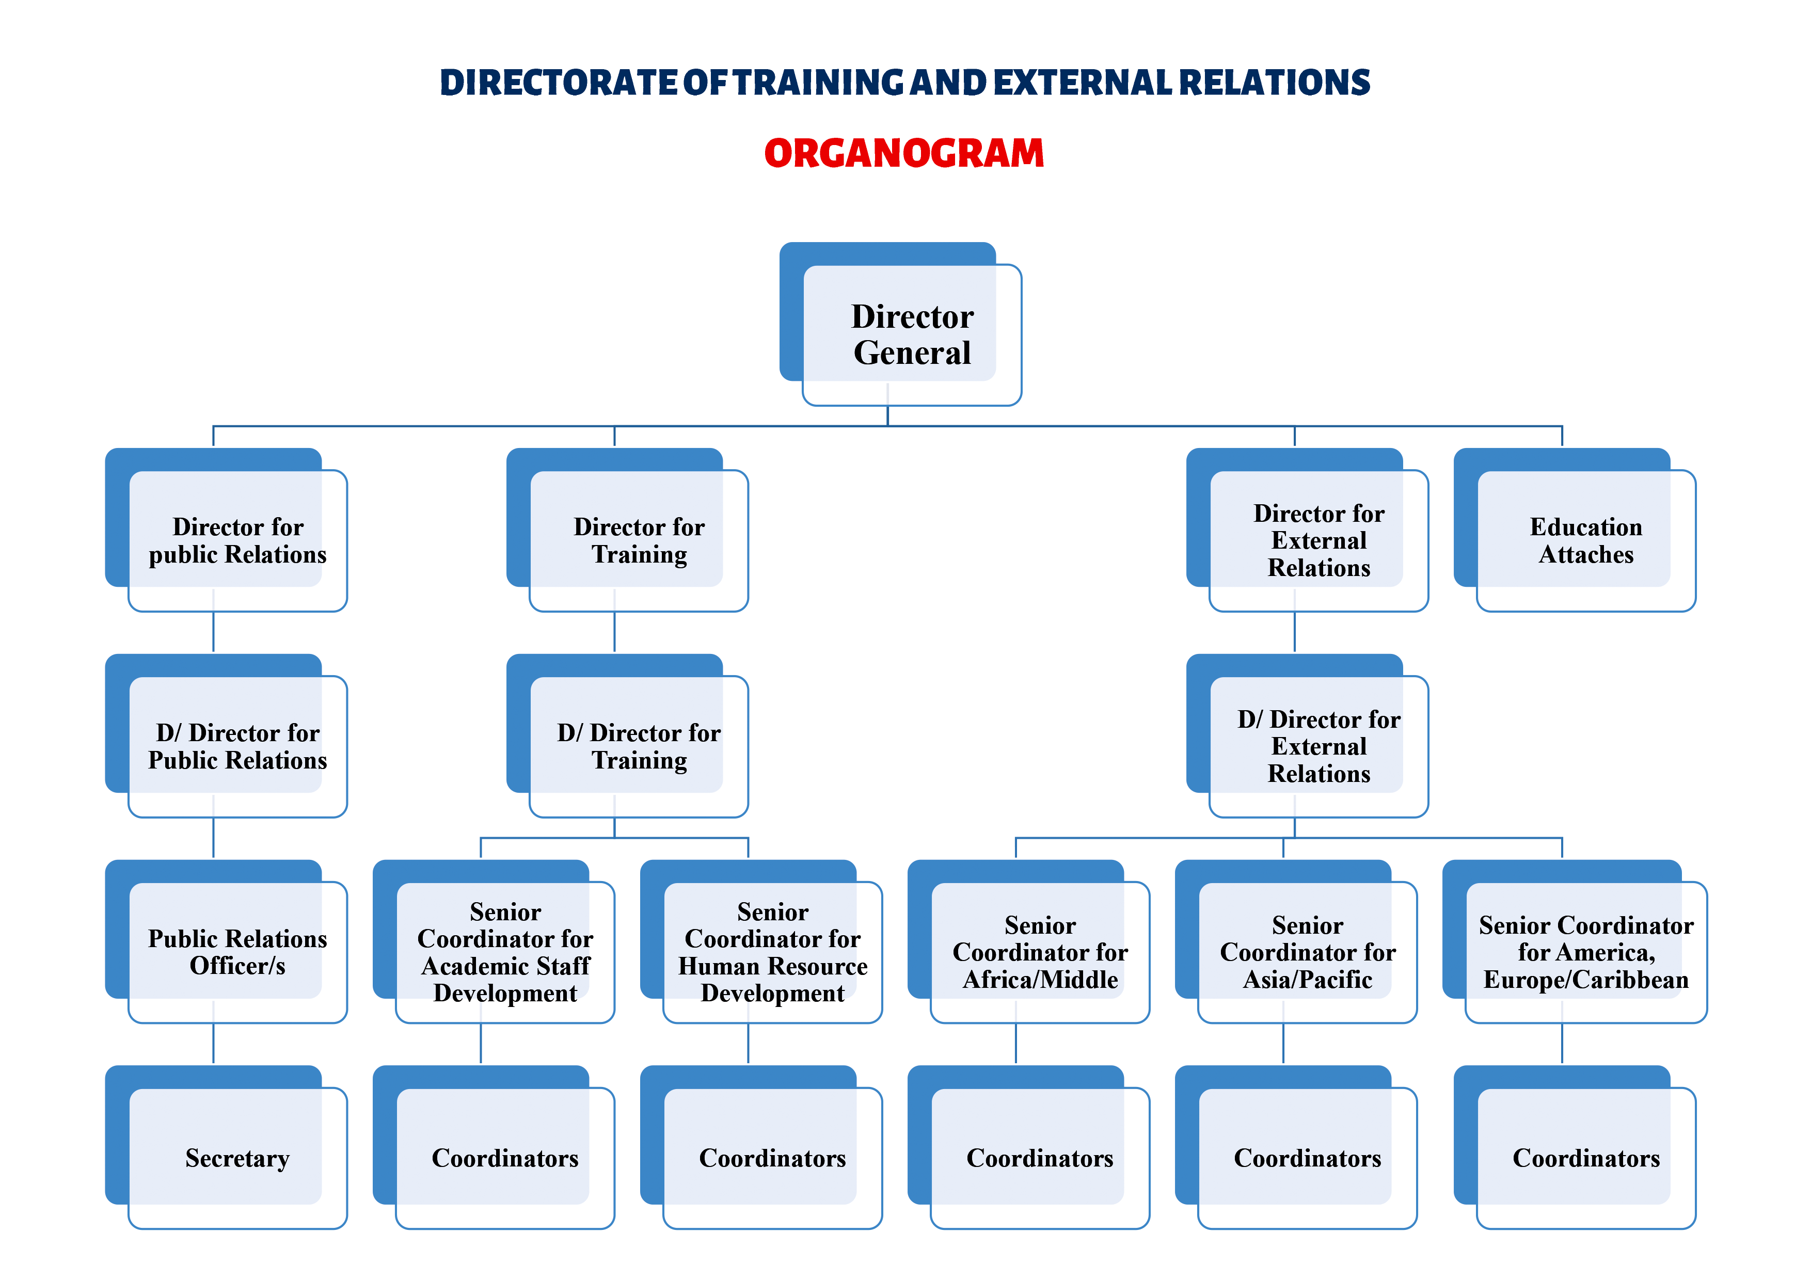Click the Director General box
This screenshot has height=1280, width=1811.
[x=911, y=334]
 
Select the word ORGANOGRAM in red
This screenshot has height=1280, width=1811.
[x=904, y=153]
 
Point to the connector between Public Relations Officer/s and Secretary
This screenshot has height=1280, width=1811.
[x=214, y=1044]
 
